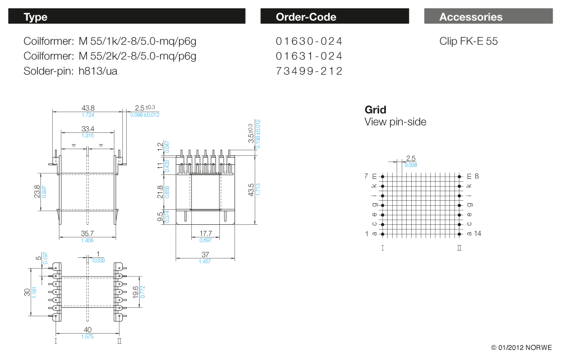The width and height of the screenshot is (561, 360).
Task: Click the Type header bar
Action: (x=127, y=17)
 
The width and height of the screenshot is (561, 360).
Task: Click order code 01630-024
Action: (x=309, y=41)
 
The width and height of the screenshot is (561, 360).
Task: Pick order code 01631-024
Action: (x=309, y=56)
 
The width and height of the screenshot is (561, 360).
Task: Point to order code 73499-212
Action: (x=309, y=71)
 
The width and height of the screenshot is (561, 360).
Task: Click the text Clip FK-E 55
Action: (x=468, y=41)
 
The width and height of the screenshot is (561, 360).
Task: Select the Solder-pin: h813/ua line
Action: (x=71, y=71)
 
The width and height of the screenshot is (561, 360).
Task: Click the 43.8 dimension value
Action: (x=88, y=108)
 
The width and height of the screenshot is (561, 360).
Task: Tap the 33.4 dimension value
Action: (x=88, y=129)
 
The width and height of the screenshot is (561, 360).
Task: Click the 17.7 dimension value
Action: (x=205, y=233)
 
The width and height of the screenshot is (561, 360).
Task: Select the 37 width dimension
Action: (x=205, y=255)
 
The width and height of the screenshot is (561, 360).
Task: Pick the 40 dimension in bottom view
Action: (x=88, y=330)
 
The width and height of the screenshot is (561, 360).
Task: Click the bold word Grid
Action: (x=375, y=110)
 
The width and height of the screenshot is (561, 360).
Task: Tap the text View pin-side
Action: (x=396, y=122)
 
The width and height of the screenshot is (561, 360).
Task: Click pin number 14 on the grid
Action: (x=478, y=233)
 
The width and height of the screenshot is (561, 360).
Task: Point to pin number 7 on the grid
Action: (x=367, y=176)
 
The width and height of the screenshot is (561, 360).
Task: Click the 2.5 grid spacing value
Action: (x=411, y=159)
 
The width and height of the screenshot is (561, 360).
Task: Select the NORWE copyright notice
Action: (x=521, y=348)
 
